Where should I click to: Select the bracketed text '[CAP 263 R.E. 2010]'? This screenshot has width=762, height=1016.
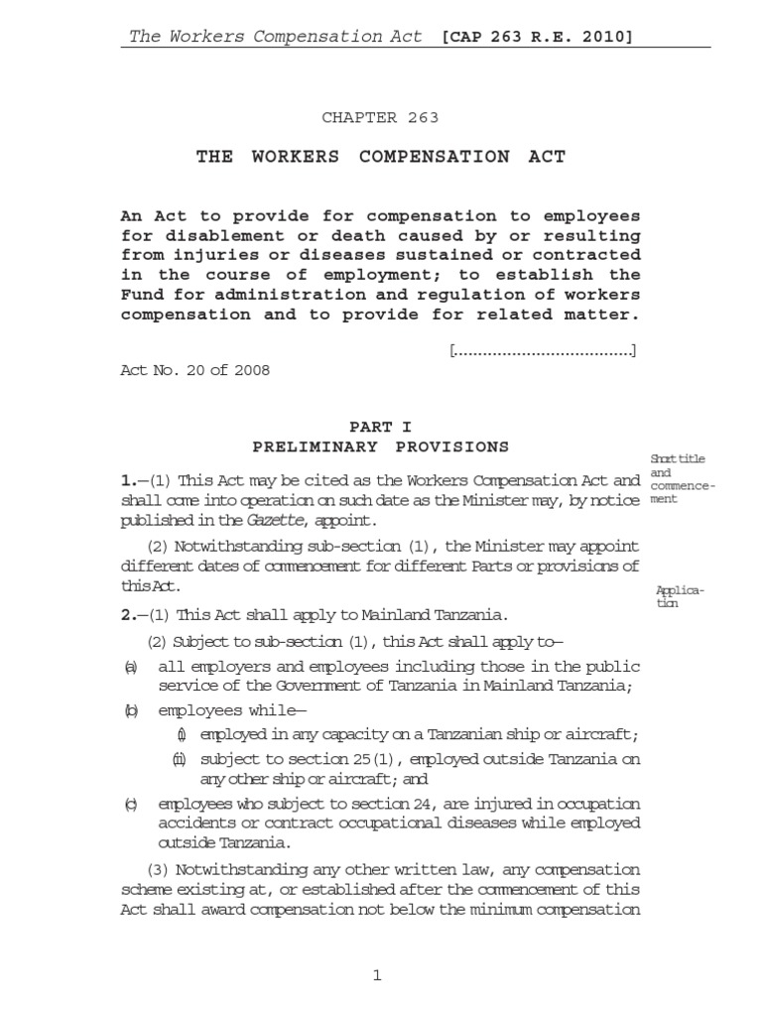tap(538, 37)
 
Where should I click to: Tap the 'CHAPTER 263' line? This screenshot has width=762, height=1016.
tap(380, 118)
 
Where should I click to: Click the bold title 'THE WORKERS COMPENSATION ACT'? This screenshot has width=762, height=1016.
tap(380, 158)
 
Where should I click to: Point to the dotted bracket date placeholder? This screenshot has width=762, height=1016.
tap(543, 350)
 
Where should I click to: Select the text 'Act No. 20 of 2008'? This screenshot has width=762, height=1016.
tap(194, 371)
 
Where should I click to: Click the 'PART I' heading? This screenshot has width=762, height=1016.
tap(380, 428)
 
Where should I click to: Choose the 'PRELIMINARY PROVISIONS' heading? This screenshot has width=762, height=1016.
tap(380, 446)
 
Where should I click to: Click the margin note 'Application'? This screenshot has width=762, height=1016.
tap(680, 596)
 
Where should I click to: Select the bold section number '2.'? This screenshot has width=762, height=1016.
tap(127, 614)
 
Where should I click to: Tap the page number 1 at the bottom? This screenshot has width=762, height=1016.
tap(377, 977)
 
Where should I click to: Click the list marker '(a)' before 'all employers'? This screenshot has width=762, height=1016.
tap(129, 666)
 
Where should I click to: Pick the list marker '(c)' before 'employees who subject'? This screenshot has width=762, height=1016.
tap(129, 803)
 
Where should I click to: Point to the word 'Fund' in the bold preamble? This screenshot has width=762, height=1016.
tap(139, 295)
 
